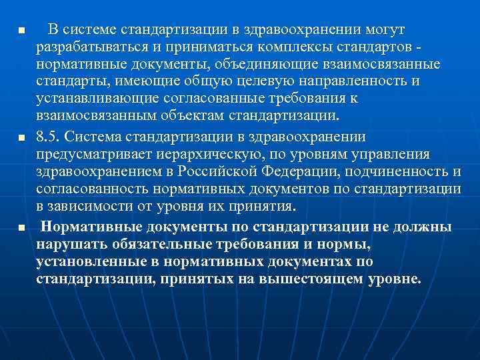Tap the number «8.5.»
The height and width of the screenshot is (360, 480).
(50, 137)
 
